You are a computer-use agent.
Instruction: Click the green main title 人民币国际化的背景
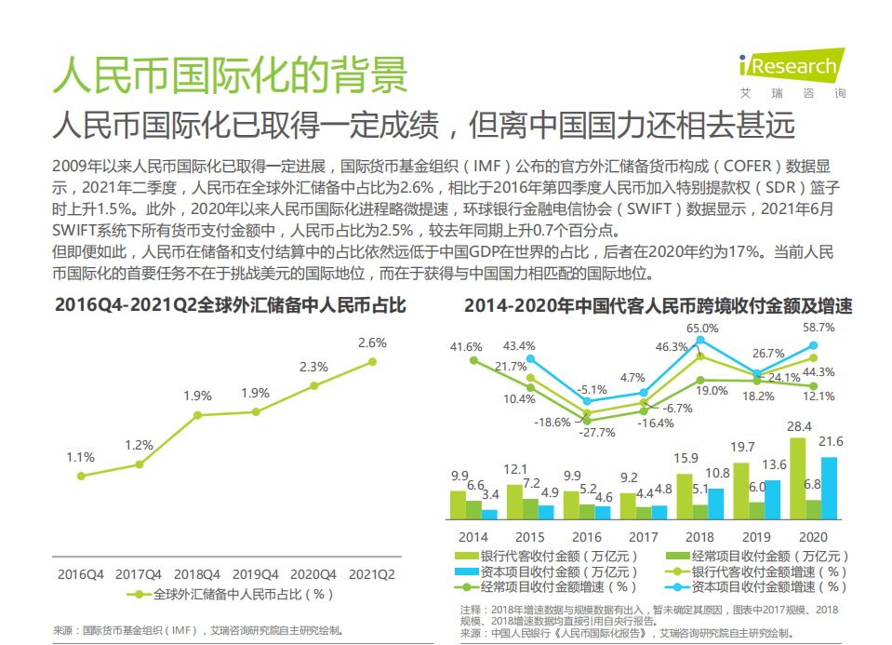(x=230, y=74)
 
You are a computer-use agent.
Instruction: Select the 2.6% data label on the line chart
(x=372, y=343)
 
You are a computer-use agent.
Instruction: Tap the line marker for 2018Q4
(x=197, y=416)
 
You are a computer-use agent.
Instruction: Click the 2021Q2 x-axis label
(x=372, y=574)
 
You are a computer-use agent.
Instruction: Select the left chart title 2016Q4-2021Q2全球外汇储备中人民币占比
(x=230, y=305)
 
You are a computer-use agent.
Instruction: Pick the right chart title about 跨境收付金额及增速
(x=658, y=305)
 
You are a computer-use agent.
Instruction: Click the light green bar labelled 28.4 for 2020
(x=797, y=477)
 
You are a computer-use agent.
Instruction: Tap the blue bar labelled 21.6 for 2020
(x=829, y=488)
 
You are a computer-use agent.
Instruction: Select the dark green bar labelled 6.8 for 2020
(x=813, y=509)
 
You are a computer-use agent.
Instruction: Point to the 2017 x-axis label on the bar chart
(x=643, y=537)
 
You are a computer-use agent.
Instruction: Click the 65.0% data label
(x=702, y=328)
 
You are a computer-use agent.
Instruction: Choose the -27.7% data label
(x=597, y=432)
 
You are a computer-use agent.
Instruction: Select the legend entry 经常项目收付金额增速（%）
(x=554, y=587)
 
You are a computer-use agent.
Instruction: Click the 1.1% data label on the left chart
(x=81, y=457)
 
